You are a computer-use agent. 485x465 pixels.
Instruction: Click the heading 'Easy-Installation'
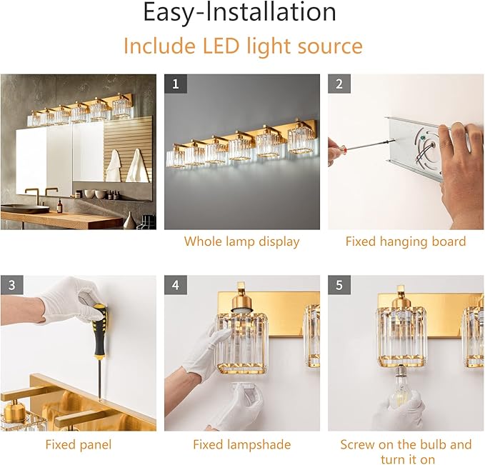tap(239, 13)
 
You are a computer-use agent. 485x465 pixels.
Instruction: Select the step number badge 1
tap(176, 84)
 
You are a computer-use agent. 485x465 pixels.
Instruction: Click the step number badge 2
tap(339, 84)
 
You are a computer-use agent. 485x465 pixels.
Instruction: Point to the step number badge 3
tap(11, 285)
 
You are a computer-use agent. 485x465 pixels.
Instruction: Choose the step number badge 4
tap(176, 285)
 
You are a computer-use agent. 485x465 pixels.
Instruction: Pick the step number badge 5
tap(339, 285)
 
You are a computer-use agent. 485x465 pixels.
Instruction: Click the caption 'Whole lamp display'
tap(241, 241)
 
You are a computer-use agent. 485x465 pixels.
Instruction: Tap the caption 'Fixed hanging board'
tap(405, 241)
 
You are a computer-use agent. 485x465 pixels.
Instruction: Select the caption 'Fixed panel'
tap(78, 444)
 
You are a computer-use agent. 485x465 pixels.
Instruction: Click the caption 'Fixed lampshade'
tap(241, 444)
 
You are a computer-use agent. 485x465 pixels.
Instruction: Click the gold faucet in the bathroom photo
tap(32, 194)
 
